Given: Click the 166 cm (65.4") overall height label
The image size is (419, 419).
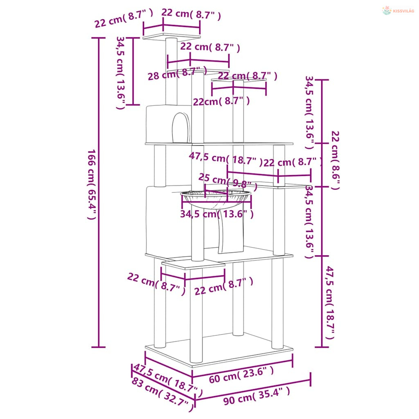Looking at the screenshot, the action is point(92,185).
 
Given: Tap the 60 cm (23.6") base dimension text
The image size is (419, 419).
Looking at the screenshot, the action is point(241,375).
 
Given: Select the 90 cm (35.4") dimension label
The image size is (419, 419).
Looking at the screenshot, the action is point(257,396).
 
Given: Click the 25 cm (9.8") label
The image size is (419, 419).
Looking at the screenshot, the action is point(228,182).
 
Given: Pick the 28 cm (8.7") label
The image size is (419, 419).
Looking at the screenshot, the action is point(178,74).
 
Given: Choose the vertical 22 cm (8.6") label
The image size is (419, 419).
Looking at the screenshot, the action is point(336,160).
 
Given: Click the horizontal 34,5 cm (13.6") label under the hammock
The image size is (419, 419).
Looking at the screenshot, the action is point(217,214).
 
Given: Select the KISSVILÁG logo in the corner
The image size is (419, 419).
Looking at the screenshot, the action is point(398,11).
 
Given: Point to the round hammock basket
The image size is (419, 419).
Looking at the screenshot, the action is point(216,199).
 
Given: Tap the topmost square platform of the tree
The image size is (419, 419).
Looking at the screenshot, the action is point(171,36).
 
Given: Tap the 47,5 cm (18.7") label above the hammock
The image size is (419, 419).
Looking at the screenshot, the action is point(226,159).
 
